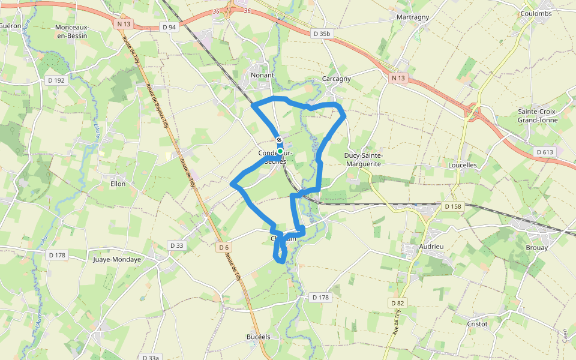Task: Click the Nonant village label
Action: click(x=262, y=75)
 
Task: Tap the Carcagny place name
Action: click(x=336, y=79)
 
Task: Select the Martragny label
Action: click(x=413, y=17)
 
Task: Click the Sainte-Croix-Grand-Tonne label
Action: click(x=538, y=116)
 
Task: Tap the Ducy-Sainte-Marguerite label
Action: click(x=364, y=159)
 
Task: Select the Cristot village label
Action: click(x=478, y=323)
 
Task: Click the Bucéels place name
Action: click(x=259, y=337)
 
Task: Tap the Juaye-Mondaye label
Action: click(x=117, y=260)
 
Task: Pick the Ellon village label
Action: click(x=118, y=184)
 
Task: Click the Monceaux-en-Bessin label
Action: click(x=71, y=31)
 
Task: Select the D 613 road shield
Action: click(x=545, y=152)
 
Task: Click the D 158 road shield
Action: click(x=453, y=206)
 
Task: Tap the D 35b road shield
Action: click(x=322, y=34)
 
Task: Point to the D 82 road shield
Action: click(x=397, y=303)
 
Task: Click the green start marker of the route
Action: click(x=280, y=151)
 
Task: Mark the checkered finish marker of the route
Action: click(x=280, y=140)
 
